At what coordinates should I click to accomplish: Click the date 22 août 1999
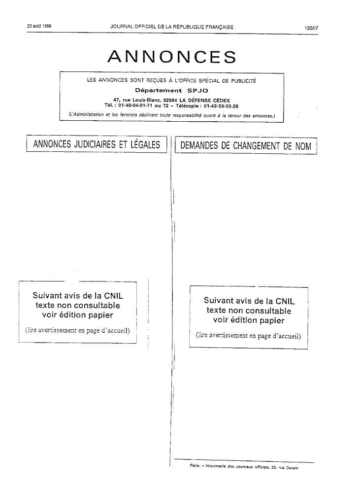point(39,26)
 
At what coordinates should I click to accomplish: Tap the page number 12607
point(312,28)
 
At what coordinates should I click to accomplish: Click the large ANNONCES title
point(172,57)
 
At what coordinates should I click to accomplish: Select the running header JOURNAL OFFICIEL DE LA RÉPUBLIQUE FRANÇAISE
point(171,27)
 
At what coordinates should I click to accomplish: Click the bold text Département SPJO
point(171,91)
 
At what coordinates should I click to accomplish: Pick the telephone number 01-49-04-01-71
point(135,106)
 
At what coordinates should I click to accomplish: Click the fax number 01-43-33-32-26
point(221,106)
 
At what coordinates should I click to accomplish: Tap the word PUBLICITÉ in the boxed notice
point(244,81)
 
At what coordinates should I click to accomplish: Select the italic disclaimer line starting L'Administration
point(171,115)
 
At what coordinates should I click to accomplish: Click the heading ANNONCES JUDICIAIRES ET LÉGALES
point(97,144)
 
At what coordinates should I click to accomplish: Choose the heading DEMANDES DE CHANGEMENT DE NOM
point(246,145)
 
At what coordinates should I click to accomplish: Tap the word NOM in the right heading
point(303,146)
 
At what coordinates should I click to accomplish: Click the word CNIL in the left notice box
point(114,296)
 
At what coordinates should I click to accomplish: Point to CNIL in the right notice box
point(285,301)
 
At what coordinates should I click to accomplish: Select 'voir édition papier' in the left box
point(77,315)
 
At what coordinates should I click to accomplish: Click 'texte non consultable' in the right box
point(249,311)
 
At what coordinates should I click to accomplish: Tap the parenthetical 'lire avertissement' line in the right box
point(248,336)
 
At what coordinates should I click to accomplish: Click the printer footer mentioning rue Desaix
point(244,466)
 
